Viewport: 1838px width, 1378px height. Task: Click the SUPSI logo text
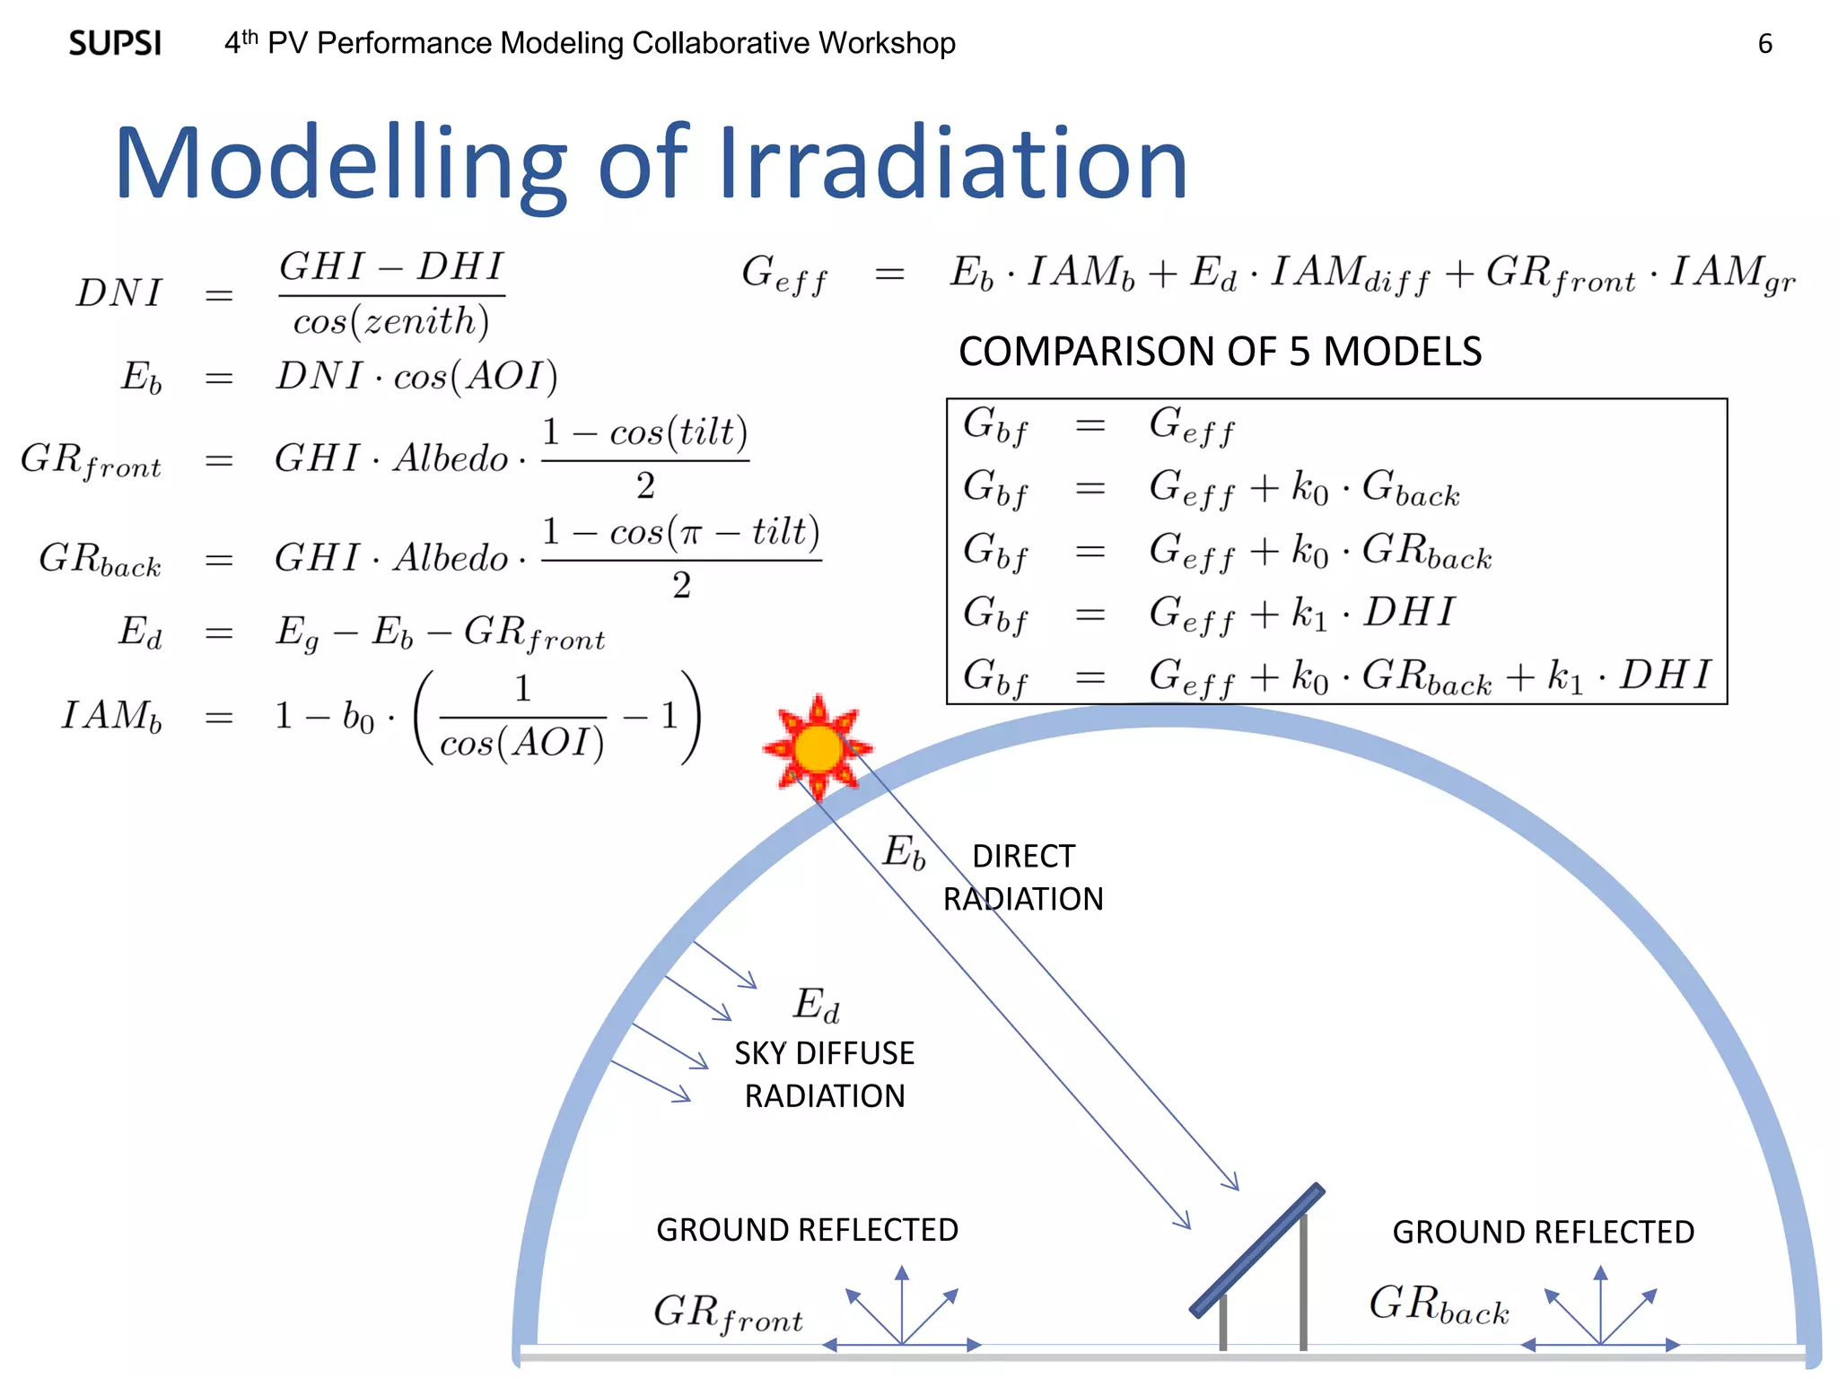point(115,43)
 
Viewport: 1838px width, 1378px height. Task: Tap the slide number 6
point(1764,44)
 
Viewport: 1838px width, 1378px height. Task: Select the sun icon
point(818,747)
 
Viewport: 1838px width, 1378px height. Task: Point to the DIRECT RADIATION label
point(1023,877)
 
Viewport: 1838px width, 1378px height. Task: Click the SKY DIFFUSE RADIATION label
point(824,1074)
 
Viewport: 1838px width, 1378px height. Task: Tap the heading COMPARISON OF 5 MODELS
point(1220,351)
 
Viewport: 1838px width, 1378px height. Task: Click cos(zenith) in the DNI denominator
point(391,321)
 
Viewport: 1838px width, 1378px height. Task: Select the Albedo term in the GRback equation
point(451,558)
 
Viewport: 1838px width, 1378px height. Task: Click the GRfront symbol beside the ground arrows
point(728,1313)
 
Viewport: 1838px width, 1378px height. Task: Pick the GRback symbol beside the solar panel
point(1439,1304)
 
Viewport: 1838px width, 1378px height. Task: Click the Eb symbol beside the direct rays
point(904,851)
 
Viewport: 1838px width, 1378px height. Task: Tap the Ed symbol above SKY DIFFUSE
point(817,1004)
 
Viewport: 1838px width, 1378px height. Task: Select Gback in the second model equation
point(1411,489)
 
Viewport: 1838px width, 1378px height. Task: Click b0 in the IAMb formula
point(358,717)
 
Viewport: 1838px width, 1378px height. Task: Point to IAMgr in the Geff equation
point(1732,274)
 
